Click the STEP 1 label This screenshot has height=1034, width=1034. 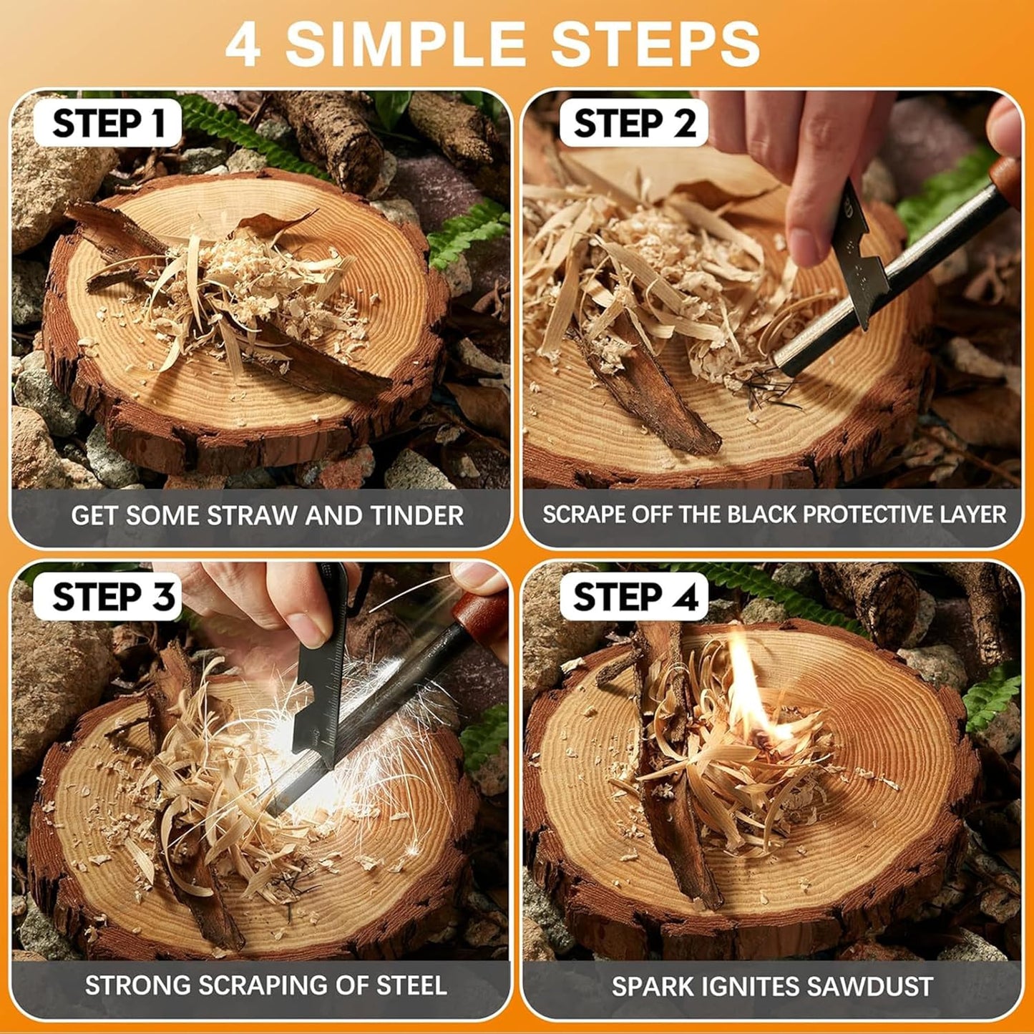click(109, 123)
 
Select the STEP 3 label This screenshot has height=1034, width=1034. click(113, 596)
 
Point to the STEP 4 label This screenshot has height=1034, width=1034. click(634, 596)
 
